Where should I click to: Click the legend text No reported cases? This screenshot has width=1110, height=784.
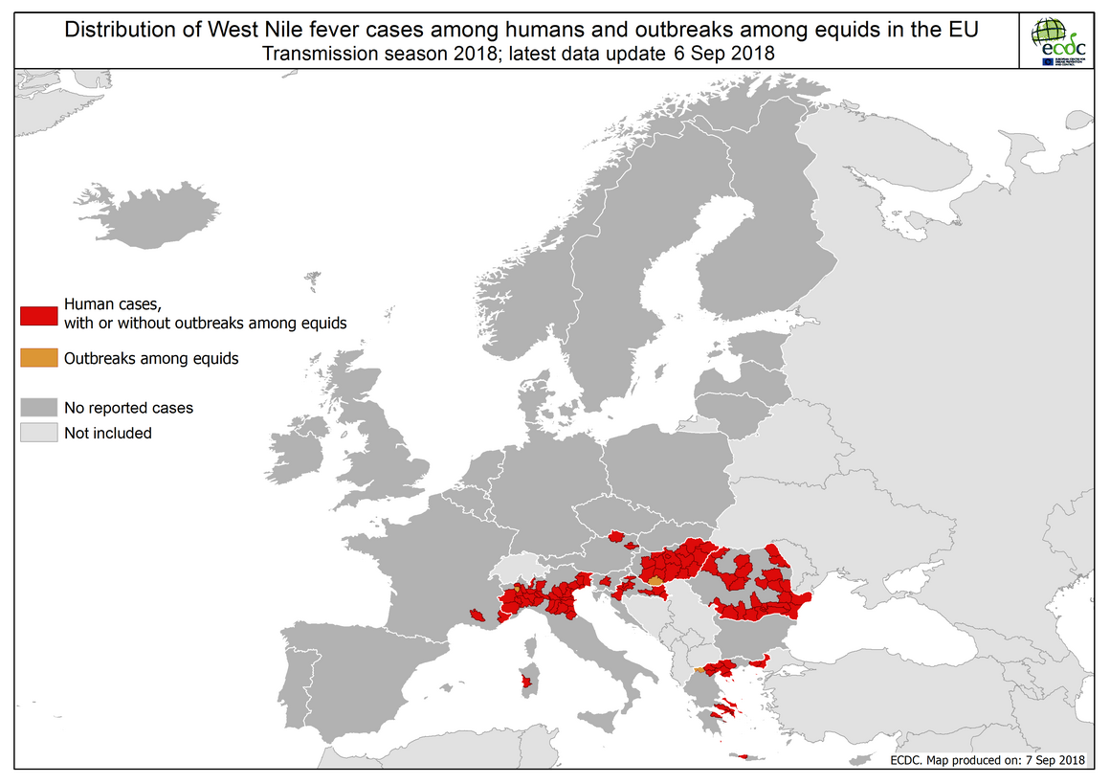coord(128,408)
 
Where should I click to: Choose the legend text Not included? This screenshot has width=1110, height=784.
coord(107,433)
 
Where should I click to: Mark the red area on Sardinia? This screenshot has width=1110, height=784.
coord(523,683)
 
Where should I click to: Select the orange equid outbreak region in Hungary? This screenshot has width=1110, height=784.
coord(655,580)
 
